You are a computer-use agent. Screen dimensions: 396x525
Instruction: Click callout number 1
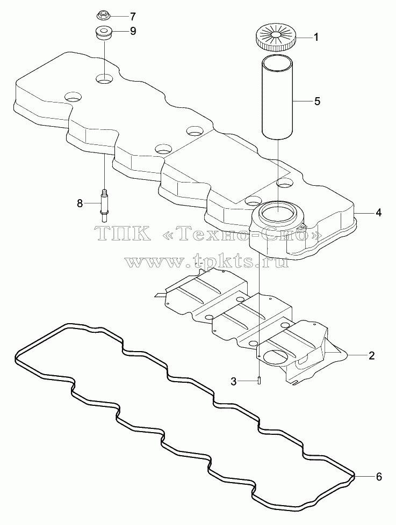[315, 37]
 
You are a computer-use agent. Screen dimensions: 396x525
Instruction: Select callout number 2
[371, 355]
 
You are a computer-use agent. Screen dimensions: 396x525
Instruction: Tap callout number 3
[234, 381]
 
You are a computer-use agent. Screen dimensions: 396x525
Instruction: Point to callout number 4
[379, 213]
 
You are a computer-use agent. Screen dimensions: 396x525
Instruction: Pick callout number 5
[317, 101]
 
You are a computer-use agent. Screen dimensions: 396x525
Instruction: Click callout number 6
[379, 477]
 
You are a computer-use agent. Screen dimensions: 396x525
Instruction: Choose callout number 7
[133, 16]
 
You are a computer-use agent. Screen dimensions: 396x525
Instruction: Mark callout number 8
[80, 203]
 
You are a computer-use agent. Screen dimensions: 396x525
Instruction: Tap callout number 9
[133, 32]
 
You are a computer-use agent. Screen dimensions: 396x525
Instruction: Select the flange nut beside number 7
[104, 16]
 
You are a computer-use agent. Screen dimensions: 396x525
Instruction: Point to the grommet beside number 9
[103, 33]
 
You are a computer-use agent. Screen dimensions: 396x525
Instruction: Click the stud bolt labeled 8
[104, 205]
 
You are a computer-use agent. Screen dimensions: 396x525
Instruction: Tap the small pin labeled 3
[260, 381]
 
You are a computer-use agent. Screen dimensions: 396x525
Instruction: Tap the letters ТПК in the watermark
[122, 233]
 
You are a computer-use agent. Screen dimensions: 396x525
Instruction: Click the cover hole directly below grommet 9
[104, 79]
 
